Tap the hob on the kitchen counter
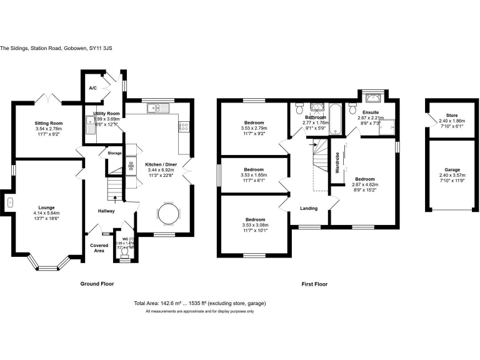(184, 127)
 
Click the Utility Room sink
(89, 129)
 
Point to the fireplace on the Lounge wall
(9, 201)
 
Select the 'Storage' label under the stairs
(114, 153)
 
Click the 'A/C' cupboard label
(92, 89)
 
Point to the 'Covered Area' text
(99, 248)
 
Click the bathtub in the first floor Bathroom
(336, 118)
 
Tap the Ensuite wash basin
(374, 97)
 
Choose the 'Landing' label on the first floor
(309, 208)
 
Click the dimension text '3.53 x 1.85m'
(254, 175)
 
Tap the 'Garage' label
(452, 169)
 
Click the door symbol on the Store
(429, 119)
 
